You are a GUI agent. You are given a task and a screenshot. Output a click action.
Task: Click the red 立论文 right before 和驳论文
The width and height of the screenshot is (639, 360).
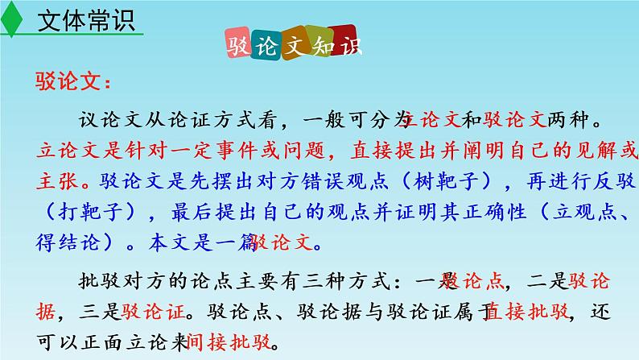[431, 121]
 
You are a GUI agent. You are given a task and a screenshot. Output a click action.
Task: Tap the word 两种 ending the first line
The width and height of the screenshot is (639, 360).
[572, 121]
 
